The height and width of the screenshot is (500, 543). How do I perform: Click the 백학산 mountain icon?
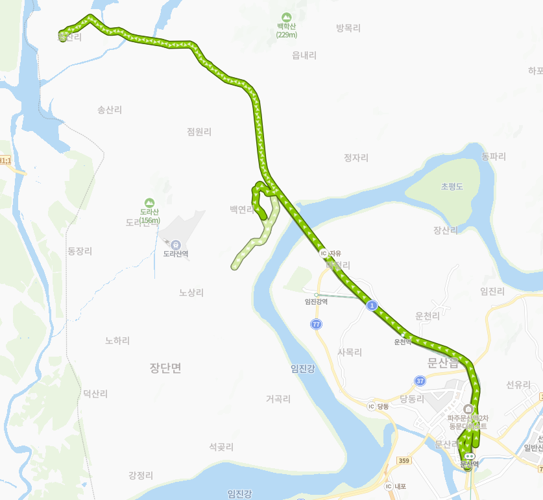(285, 16)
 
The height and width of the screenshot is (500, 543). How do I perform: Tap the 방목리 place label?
(348, 28)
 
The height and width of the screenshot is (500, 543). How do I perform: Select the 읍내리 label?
(304, 55)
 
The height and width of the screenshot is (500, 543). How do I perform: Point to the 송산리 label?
(110, 110)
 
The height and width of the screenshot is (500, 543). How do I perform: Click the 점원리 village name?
(199, 132)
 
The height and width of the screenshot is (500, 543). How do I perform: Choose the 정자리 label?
(356, 158)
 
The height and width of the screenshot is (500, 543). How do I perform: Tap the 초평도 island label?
(452, 186)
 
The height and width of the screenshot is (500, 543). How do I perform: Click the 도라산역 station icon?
(175, 244)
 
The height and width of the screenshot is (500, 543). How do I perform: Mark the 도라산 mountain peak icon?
(150, 202)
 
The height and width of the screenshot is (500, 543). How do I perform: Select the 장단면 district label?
(165, 368)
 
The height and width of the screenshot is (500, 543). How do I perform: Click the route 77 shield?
(316, 324)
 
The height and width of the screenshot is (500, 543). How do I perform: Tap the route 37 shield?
(420, 381)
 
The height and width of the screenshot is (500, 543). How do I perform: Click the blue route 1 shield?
(372, 304)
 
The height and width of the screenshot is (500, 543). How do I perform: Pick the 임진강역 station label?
(316, 301)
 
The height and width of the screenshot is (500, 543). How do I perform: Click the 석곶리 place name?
(221, 447)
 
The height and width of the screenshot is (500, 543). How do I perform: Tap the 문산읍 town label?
(443, 363)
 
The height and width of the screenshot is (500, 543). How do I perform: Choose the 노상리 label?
(191, 292)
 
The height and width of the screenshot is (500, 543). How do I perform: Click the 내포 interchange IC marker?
(389, 486)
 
